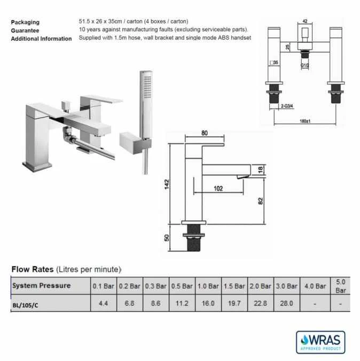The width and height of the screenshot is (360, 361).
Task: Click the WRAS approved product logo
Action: point(320,342)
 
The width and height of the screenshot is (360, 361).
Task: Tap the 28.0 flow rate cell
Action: point(287,303)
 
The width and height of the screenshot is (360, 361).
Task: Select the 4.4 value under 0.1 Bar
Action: point(104,303)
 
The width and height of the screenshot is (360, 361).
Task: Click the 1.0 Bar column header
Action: point(208,286)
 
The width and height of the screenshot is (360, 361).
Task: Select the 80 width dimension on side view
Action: point(205,134)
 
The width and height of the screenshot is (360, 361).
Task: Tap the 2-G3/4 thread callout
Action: point(289,107)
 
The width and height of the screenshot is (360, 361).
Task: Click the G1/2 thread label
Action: point(305,66)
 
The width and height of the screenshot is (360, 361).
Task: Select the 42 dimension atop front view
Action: point(304,21)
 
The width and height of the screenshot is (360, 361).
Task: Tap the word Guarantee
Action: point(25,30)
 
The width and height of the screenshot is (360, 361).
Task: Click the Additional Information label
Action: point(41,39)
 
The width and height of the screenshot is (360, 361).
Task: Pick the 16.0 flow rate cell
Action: point(208,303)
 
